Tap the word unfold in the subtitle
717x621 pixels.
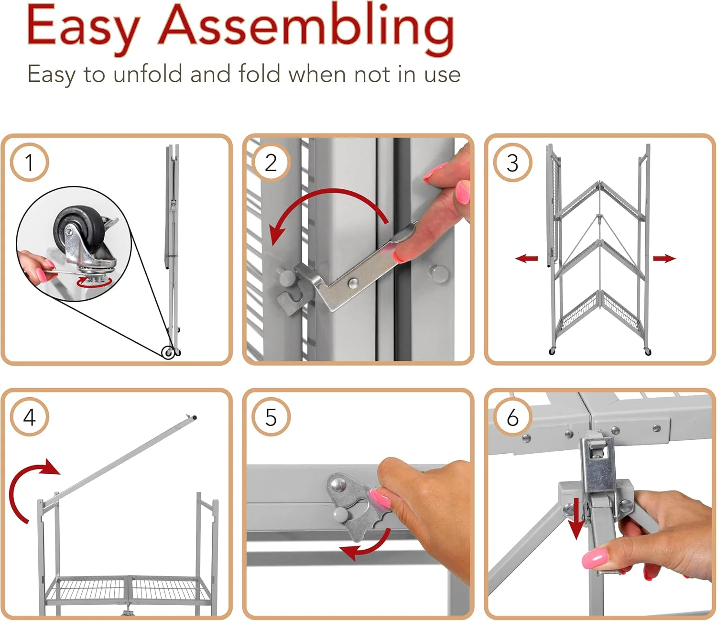(x=148, y=75)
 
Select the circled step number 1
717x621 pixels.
(x=29, y=163)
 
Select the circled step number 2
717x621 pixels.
(x=271, y=163)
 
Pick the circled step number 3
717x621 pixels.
(x=512, y=163)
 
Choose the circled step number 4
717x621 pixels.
(x=29, y=417)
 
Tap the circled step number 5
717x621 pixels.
(x=271, y=417)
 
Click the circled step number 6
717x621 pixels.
(x=512, y=417)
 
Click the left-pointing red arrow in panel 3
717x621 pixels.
(x=527, y=259)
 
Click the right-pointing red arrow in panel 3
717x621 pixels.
(x=664, y=259)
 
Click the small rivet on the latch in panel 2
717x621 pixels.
(x=353, y=283)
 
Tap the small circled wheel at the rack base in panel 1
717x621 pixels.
(x=168, y=353)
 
